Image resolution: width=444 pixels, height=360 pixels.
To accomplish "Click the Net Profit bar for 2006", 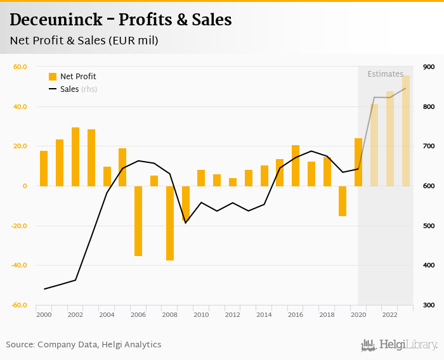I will point(138,221).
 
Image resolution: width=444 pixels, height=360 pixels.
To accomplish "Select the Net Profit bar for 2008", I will point(170,223).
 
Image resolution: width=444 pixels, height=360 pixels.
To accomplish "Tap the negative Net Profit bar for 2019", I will point(343,201).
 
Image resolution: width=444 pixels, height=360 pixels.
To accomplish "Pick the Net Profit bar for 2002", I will point(75,157).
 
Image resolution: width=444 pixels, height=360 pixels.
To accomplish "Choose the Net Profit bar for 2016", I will point(296,165).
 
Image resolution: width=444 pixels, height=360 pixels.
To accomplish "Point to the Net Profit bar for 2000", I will point(44,168).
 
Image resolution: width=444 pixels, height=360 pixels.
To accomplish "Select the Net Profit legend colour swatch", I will point(53,77).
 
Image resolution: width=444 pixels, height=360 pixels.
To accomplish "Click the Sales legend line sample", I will point(53,89).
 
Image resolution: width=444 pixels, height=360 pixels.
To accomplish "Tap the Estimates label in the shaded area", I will point(385,74).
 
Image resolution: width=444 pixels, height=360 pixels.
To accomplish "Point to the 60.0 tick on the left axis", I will point(20,67).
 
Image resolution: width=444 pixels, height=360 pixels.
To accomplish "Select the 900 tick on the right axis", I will point(428,67).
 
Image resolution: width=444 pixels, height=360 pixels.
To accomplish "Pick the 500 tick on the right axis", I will point(428,226).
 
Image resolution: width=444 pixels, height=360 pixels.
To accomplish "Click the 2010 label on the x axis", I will point(201,315).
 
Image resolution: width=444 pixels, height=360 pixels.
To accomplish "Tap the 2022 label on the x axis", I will point(389,315).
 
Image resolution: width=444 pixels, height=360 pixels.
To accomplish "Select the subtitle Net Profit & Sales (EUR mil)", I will point(84,41).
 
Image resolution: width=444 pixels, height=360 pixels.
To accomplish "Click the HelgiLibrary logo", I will point(400,345).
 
